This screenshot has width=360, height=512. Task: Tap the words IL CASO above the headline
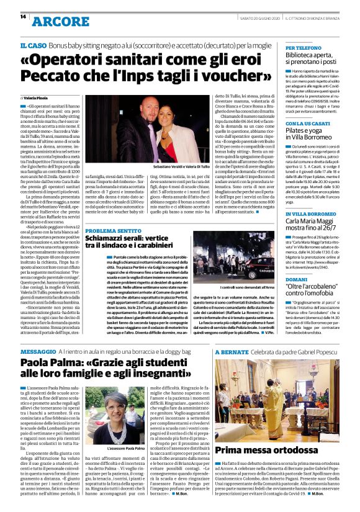point(32,46)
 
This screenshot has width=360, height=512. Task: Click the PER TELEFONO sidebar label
point(303,48)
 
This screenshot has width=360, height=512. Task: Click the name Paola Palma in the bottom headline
point(49,363)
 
